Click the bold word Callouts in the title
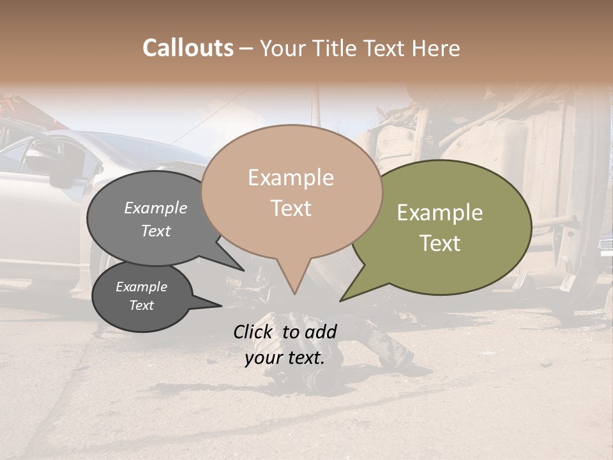188,48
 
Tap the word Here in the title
437,48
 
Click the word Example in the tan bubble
291,178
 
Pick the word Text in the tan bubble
291,208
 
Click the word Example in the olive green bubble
440,213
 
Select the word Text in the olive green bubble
440,243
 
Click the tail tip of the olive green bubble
341,300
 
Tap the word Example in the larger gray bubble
156,208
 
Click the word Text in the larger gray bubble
156,231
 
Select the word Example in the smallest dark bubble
141,287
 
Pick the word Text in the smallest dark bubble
141,305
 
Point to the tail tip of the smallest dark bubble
221,305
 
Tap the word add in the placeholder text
321,332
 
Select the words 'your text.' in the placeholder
285,358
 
